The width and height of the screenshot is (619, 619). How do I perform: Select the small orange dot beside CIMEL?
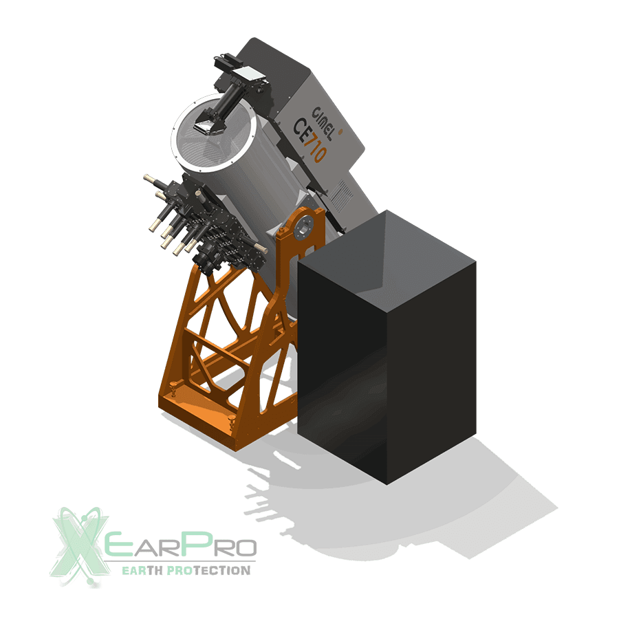click(x=340, y=131)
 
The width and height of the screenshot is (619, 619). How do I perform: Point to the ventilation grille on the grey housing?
click(x=341, y=195)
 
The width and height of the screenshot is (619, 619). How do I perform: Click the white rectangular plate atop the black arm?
click(x=247, y=74)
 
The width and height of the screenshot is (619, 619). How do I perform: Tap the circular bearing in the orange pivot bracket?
click(x=303, y=227)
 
